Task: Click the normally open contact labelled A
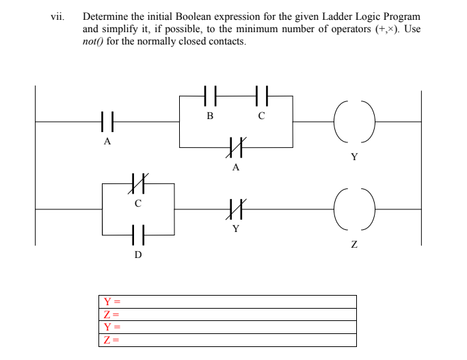coord(107,123)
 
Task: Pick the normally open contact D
coord(138,234)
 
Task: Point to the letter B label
coord(210,116)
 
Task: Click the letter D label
coord(138,255)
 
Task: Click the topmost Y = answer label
coord(111,302)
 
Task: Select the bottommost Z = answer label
coord(111,340)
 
